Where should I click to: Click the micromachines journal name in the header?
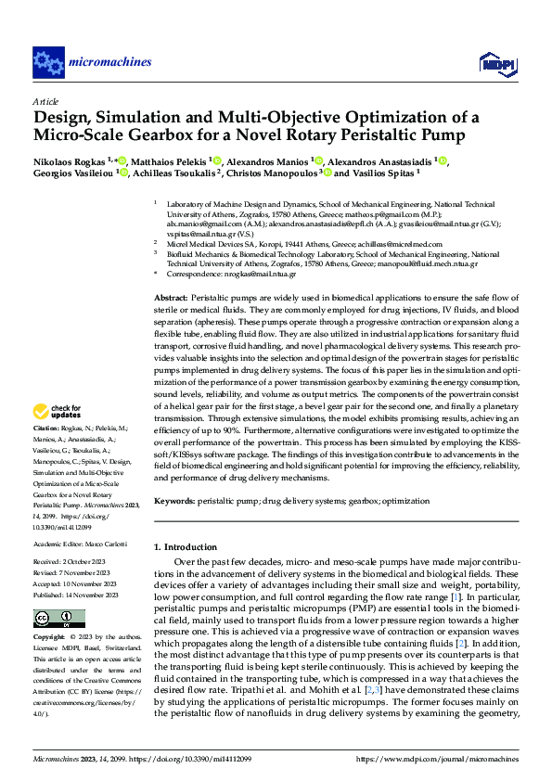pos(109,63)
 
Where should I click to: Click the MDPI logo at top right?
pos(496,62)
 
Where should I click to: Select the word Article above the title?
pos(45,101)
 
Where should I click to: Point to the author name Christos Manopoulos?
pos(274,173)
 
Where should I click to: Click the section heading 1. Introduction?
pos(192,546)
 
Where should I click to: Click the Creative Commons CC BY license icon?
pos(59,618)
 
